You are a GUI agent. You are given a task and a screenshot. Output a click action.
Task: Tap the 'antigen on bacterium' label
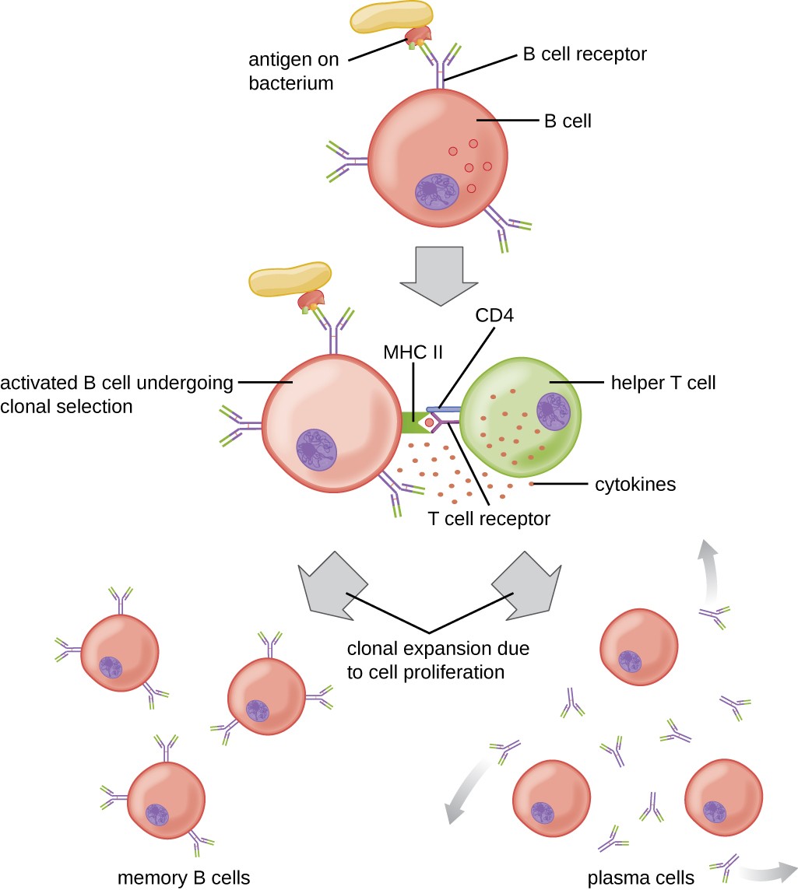coord(291,70)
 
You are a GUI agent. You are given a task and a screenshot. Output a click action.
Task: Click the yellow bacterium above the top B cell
coord(392,17)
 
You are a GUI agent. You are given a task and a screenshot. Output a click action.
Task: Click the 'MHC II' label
coord(412,352)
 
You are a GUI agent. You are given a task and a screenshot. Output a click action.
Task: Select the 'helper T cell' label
coord(663,383)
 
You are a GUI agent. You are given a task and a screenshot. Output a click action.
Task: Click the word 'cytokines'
coord(635,485)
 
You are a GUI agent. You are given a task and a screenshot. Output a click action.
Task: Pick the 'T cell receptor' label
coord(489,518)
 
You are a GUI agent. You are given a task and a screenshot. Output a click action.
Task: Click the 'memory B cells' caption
coord(184,878)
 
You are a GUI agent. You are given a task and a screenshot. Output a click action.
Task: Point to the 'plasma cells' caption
coord(641,878)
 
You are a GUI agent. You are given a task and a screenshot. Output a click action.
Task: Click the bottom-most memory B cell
coord(166,801)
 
